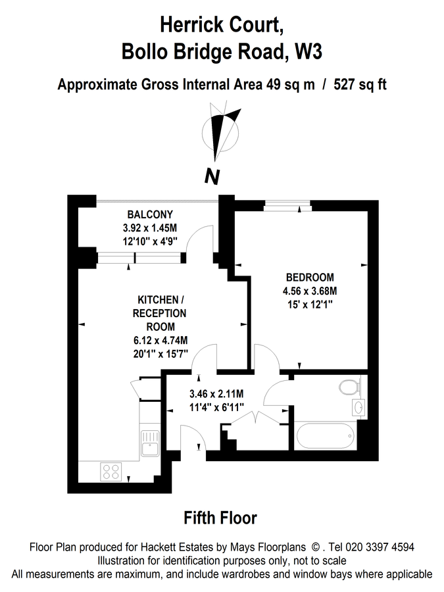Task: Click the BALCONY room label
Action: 150,214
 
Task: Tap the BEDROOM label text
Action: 310,278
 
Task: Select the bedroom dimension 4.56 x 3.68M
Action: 310,291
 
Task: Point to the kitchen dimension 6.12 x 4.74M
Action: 160,341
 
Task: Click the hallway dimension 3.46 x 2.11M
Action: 216,394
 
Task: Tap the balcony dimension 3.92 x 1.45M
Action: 150,228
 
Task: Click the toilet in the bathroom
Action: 349,387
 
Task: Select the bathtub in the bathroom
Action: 325,436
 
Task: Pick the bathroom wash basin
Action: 358,408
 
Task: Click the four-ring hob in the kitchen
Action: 111,472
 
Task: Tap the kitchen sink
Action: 151,443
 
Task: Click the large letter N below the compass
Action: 212,176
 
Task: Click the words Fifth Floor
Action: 220,518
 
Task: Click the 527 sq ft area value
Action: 360,85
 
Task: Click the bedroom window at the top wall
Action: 287,206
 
